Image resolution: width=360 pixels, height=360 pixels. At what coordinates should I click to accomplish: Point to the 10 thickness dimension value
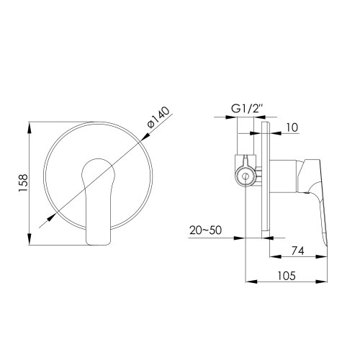pos(290,127)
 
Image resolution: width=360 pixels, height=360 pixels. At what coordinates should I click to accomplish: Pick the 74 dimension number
pos(297,251)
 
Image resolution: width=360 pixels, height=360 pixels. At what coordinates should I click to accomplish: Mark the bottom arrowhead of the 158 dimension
pos(30,242)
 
